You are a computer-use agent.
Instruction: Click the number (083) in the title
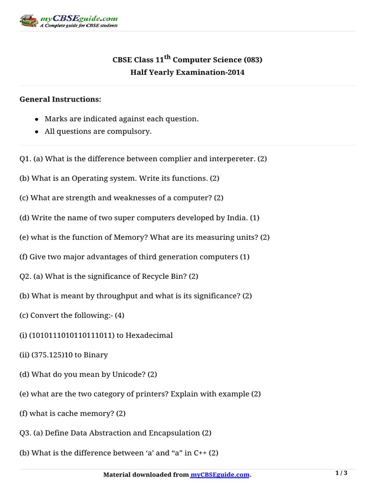tap(252, 60)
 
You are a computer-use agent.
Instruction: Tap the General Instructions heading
tap(60, 99)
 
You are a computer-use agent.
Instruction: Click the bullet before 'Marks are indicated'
tap(37, 119)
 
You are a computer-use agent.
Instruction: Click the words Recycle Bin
tap(162, 276)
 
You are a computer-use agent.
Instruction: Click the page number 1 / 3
tap(341, 473)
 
